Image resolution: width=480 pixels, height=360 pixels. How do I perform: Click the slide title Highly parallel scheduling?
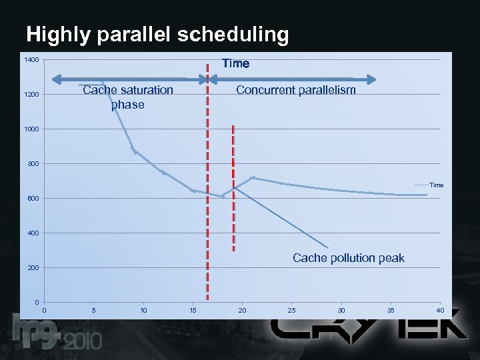point(157,35)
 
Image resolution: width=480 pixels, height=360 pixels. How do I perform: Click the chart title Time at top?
point(235,63)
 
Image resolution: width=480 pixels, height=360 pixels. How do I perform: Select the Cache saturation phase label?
point(128,97)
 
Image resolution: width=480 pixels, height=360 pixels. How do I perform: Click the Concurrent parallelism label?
point(296,90)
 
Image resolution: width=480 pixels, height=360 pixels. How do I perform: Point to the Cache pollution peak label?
point(349,258)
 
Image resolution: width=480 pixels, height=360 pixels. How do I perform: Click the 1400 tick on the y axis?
point(31,61)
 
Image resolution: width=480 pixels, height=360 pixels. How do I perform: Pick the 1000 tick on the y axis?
point(31,129)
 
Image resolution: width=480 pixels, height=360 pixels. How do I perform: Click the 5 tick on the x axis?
point(94,310)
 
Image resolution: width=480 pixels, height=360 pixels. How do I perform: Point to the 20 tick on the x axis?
point(243,310)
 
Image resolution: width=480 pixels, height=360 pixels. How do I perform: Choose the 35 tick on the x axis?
point(391,310)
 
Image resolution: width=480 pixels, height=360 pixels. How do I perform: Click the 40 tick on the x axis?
point(440,310)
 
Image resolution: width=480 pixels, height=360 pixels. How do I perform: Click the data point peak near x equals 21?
point(252,177)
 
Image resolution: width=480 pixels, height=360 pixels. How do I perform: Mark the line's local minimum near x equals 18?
point(223,197)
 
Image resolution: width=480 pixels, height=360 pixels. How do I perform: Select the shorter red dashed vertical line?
point(233,187)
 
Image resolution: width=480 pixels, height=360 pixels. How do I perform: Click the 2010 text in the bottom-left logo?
point(83,341)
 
